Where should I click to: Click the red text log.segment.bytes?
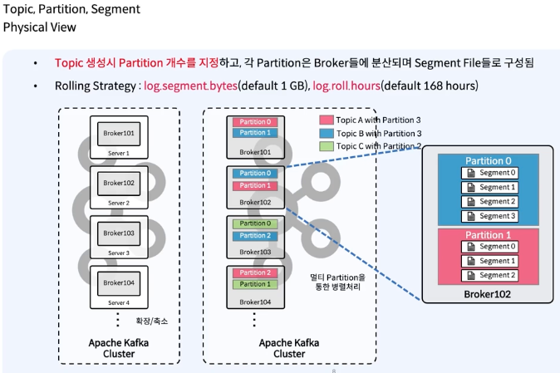190,86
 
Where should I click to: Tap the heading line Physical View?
39,27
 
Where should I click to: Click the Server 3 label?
119,252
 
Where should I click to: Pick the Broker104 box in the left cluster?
119,282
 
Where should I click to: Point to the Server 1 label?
119,153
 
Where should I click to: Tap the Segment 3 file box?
490,216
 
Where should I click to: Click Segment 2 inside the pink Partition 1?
490,275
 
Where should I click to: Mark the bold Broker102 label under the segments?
487,293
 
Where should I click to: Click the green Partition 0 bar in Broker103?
254,223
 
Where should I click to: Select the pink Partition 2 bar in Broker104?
254,272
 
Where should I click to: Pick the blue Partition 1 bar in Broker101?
254,133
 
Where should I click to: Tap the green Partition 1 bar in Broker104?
254,284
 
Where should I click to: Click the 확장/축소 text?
151,321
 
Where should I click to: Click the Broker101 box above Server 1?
119,134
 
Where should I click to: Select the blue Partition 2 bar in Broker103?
254,235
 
